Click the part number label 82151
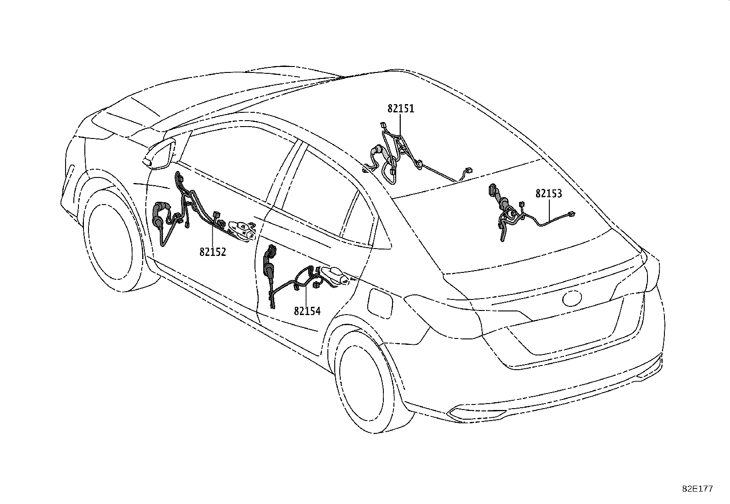pos(400,109)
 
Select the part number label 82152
pos(213,252)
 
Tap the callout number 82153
pos(548,194)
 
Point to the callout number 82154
pos(307,311)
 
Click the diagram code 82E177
pos(697,489)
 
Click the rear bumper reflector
pos(465,413)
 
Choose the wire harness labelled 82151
pos(394,156)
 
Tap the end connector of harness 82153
pos(571,214)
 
